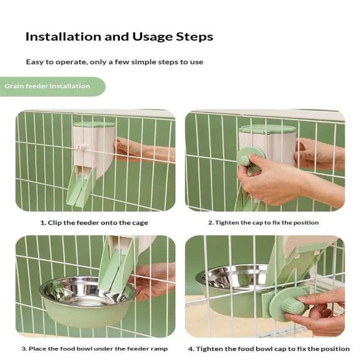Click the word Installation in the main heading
(x=63, y=37)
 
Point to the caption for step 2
(x=263, y=222)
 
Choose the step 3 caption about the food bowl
(x=94, y=349)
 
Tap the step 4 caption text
(x=269, y=349)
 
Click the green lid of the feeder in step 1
(x=94, y=125)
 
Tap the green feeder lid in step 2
(x=267, y=129)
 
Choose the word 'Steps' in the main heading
(x=194, y=37)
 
